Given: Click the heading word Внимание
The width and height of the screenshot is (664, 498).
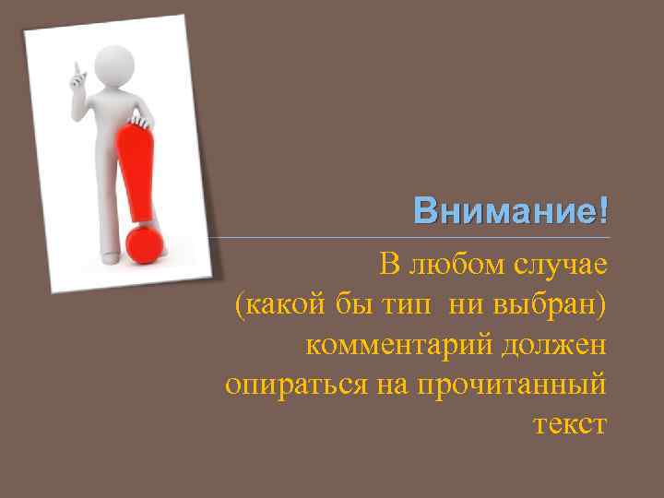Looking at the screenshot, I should [505, 210].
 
